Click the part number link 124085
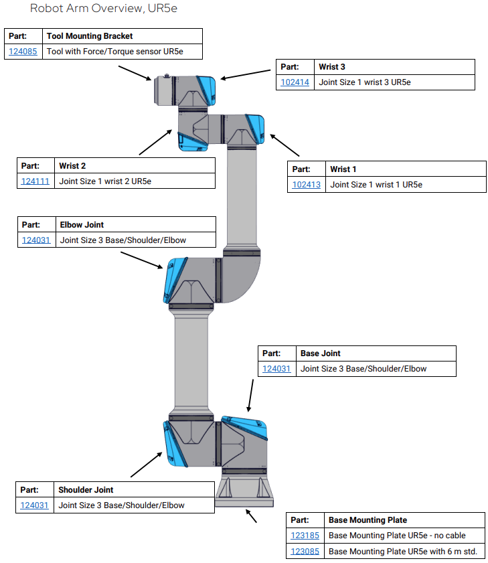23,51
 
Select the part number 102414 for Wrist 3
295,82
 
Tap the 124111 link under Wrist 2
35,181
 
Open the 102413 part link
306,185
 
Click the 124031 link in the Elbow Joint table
36,240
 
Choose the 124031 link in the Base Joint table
276,368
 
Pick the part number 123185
305,535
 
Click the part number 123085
305,552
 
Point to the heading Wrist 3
332,67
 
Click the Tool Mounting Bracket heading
90,36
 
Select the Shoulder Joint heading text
86,490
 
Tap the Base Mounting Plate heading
368,519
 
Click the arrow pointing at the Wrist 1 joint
284,145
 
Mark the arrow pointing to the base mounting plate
251,516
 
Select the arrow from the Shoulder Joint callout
146,464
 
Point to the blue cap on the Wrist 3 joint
207,90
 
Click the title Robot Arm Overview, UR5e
104,9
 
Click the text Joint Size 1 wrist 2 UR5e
105,181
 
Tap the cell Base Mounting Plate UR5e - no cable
396,535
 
